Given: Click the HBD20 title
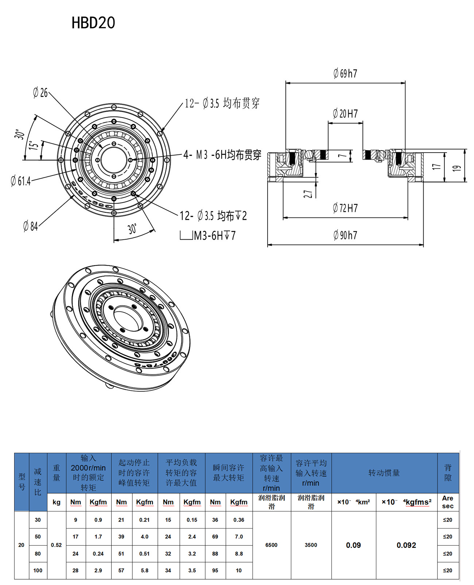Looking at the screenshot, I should click(93, 23).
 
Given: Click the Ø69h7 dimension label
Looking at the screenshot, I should click(345, 74).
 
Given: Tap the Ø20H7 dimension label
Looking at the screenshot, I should click(345, 114).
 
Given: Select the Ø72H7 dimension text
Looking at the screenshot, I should click(345, 208).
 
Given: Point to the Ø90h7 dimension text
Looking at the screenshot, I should click(345, 235).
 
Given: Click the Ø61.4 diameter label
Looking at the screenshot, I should click(21, 181).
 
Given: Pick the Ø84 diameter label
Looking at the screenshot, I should click(31, 227).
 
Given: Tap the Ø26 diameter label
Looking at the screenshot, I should click(40, 93).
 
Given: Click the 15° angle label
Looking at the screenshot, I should click(34, 146).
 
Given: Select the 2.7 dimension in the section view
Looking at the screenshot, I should click(308, 194).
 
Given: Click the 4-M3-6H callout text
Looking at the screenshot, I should click(222, 155).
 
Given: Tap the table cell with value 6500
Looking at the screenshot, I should click(271, 545).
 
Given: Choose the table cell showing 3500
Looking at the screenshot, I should click(311, 545).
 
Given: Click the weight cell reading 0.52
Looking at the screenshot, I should click(57, 545).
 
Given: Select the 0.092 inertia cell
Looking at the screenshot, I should click(406, 545).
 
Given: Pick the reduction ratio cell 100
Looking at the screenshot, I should click(38, 570).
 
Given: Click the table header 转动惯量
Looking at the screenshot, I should click(384, 473).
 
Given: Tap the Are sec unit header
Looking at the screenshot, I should click(448, 502).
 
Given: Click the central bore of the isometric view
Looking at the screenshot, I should click(128, 319).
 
